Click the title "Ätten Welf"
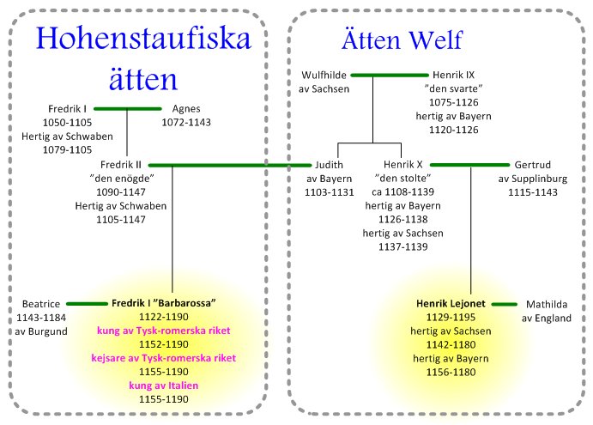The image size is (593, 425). (401, 40)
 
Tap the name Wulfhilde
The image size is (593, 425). (323, 75)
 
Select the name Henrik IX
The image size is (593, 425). (454, 75)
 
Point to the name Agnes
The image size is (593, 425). (186, 109)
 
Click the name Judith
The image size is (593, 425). (330, 165)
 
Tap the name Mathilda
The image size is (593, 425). (547, 304)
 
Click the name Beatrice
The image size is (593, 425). (40, 304)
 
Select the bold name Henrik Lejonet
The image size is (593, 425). (451, 304)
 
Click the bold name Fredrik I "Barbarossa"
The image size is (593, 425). (163, 304)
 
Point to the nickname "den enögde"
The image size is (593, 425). (120, 179)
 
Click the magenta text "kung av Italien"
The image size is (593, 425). (163, 386)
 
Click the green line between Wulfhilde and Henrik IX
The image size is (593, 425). (389, 76)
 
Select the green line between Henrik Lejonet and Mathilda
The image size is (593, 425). (502, 304)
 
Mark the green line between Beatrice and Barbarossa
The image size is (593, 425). (88, 304)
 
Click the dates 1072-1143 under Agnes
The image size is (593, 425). (186, 123)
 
